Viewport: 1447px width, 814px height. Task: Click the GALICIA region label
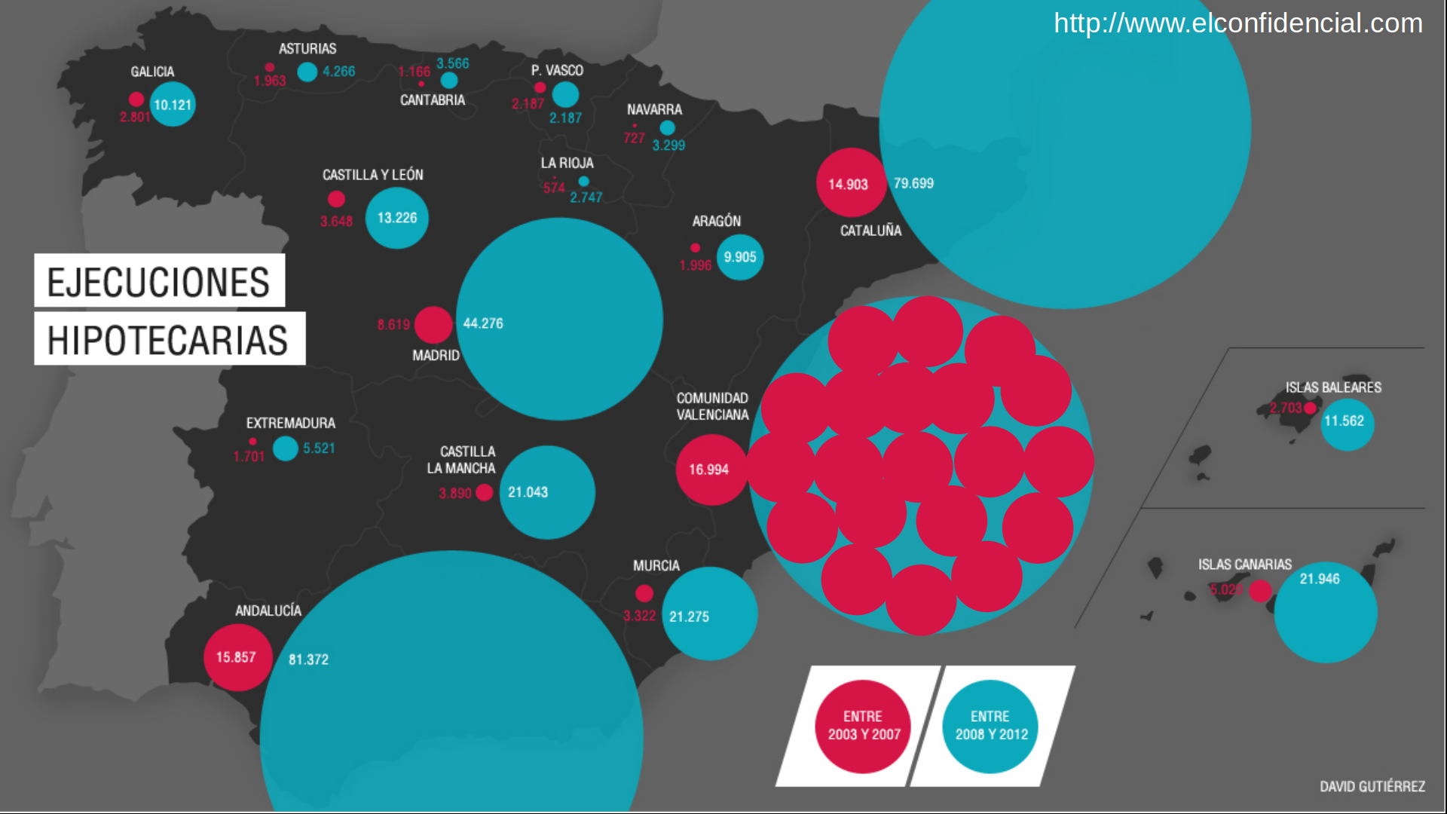152,72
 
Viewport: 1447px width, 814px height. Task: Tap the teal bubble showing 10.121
173,105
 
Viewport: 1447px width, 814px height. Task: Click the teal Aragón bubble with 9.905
740,257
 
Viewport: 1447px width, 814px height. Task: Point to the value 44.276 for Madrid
483,323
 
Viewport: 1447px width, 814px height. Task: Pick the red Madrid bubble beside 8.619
433,325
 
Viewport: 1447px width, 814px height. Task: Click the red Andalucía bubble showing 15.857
237,657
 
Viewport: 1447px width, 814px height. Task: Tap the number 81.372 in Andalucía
308,659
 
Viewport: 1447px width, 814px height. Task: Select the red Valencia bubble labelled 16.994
710,470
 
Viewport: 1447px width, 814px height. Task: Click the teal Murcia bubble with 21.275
709,614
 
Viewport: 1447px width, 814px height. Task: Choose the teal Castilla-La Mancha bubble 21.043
547,492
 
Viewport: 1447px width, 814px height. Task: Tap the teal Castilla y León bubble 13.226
397,218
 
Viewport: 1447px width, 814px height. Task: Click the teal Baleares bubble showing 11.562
1347,422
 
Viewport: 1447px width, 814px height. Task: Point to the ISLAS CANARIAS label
1244,565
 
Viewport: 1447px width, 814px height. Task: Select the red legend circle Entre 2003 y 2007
864,726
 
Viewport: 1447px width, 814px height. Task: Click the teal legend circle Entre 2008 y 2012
991,726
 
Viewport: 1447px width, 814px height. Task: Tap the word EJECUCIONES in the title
159,282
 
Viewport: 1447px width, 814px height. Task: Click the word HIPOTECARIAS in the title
168,340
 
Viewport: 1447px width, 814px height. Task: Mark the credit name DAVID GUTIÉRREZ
1372,786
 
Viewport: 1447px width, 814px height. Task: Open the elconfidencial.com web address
1237,23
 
